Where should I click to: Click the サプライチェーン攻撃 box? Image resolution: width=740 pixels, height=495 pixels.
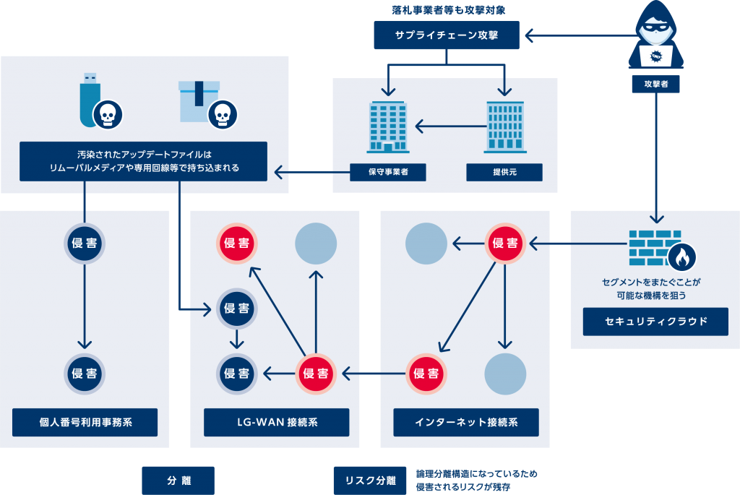[x=447, y=35]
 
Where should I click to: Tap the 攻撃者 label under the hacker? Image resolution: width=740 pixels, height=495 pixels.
[x=655, y=84]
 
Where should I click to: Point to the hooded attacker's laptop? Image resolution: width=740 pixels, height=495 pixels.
[x=656, y=56]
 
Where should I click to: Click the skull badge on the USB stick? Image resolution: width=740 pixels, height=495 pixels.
[x=108, y=114]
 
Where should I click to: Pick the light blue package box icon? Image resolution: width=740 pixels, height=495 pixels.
[x=198, y=100]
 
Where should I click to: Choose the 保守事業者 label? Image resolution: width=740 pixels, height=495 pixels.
[x=387, y=172]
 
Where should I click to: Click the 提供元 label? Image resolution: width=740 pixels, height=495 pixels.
[x=504, y=172]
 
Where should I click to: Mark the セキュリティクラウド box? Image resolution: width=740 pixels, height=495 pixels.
[x=655, y=321]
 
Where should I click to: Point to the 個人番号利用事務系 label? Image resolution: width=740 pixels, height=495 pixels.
[x=85, y=422]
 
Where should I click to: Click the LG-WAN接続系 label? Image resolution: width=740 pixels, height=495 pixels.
[x=276, y=422]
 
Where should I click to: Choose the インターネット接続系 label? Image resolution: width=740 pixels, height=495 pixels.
[x=466, y=422]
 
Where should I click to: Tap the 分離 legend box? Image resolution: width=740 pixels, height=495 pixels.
[x=178, y=480]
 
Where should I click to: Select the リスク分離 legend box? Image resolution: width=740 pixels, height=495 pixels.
[x=370, y=480]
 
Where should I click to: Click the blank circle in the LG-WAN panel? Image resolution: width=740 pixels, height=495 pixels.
[x=316, y=243]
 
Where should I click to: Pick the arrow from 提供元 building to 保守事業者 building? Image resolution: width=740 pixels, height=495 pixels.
[x=447, y=127]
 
